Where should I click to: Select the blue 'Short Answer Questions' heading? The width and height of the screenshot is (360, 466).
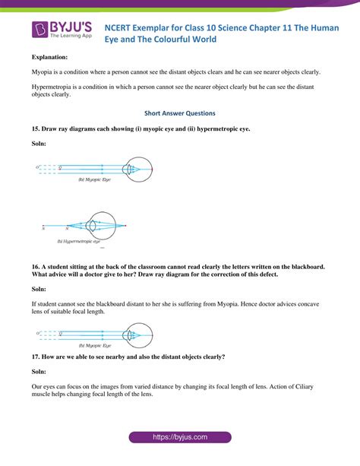click(179, 113)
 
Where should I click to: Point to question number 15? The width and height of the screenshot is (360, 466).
click(36, 129)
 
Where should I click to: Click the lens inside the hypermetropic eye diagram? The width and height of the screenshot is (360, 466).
click(91, 227)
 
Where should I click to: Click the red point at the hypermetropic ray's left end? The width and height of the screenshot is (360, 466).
click(43, 227)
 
